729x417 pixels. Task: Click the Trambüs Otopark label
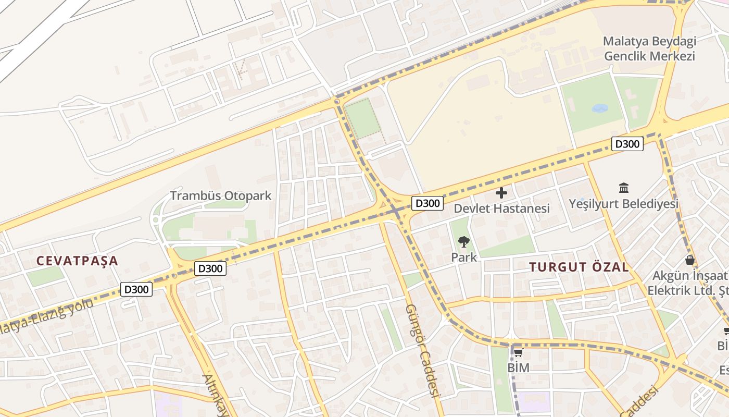point(221,196)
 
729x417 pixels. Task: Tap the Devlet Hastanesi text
point(501,208)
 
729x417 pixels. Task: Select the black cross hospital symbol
point(501,193)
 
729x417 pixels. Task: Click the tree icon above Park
point(463,241)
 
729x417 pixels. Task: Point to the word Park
point(463,257)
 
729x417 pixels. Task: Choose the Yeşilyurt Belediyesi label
point(623,203)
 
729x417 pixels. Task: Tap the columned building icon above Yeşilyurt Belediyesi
point(623,188)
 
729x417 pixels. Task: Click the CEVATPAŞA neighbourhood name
point(78,261)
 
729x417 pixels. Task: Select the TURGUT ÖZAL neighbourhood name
point(579,267)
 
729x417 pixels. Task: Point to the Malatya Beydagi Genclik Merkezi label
point(649,48)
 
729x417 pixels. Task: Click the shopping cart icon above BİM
point(518,353)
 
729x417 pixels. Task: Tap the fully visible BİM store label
point(518,368)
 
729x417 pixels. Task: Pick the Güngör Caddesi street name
point(423,350)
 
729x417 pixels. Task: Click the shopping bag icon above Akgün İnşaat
point(690,260)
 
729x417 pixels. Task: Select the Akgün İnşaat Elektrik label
point(687,283)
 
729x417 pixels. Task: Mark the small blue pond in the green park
point(600,108)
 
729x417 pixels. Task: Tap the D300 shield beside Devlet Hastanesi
point(428,203)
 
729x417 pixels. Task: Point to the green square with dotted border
point(362,119)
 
